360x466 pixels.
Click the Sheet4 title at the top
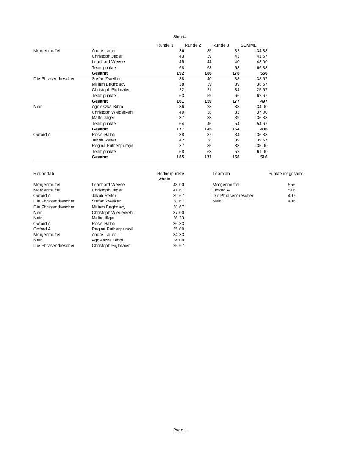(180, 37)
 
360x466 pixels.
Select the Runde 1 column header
(165, 45)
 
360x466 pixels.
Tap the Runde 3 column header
(221, 45)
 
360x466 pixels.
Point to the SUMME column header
(248, 45)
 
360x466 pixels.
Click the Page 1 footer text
(180, 430)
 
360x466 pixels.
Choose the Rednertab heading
(44, 174)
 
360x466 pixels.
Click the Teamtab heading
(221, 174)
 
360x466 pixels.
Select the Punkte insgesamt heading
(285, 174)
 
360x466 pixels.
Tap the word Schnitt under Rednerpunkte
(163, 179)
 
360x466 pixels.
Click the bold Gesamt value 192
(180, 73)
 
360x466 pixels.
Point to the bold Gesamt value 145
(208, 129)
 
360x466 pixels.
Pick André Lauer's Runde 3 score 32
(237, 51)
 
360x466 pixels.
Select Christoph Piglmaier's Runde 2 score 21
(209, 90)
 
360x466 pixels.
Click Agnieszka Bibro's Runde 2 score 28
(209, 107)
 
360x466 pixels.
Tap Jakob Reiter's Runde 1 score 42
(181, 140)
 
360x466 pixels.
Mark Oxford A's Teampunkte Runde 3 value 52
(237, 152)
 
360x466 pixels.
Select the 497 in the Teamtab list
(291, 196)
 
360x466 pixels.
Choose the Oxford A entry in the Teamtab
(221, 190)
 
